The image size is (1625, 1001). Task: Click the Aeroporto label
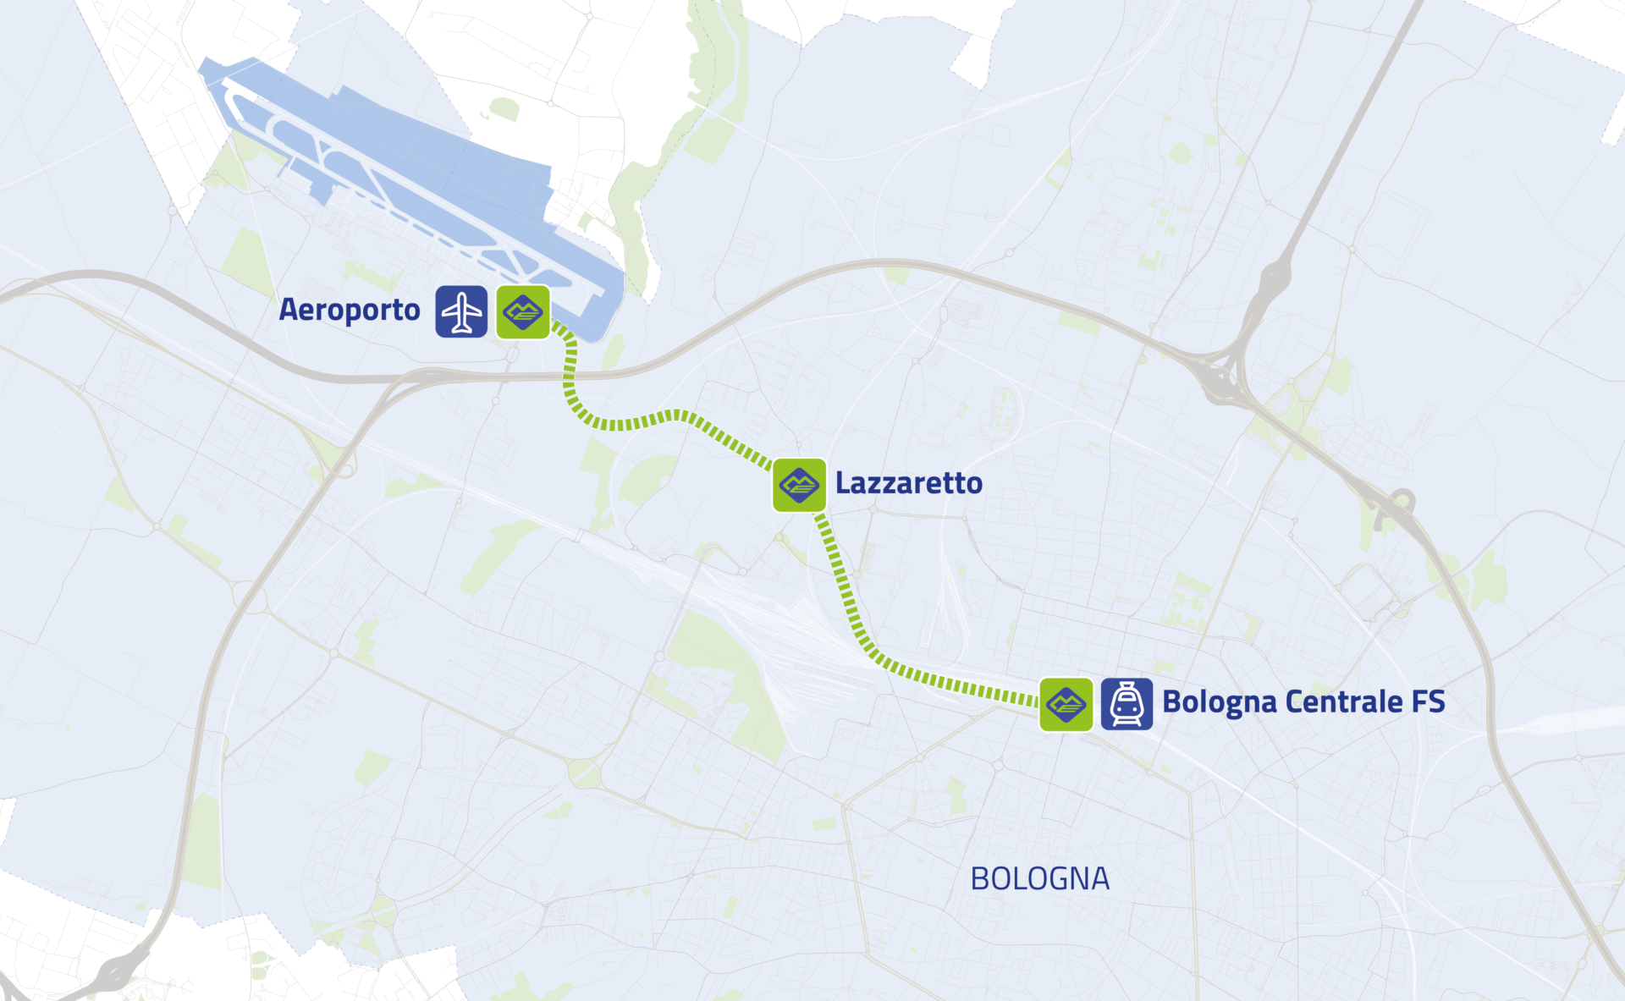click(x=350, y=311)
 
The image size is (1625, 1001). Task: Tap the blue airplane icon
click(x=461, y=312)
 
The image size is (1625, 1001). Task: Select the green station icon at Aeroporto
click(x=523, y=312)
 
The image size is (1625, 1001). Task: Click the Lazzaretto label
click(x=909, y=483)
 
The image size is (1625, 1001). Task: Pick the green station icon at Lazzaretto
click(x=799, y=485)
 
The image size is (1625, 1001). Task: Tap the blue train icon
click(x=1126, y=704)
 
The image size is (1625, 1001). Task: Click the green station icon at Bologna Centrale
click(x=1066, y=704)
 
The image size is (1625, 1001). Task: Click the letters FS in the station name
click(x=1429, y=702)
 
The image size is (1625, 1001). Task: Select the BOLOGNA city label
click(x=1039, y=879)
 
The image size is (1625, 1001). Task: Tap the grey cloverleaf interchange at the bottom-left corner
click(x=118, y=973)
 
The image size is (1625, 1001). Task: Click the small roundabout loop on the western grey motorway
click(x=346, y=465)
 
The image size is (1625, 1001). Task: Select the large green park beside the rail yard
click(x=719, y=668)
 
